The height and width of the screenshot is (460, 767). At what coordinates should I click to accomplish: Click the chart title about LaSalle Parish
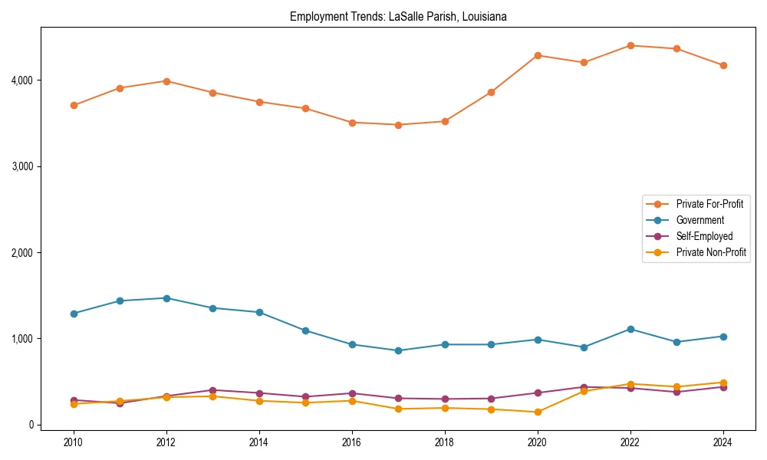(x=398, y=16)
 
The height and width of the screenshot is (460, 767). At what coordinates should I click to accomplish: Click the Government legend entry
(x=700, y=220)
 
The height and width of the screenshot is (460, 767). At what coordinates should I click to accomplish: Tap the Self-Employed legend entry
(x=704, y=236)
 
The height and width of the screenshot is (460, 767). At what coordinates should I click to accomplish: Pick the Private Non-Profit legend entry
(x=711, y=252)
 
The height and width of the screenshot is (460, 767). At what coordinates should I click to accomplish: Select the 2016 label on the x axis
(x=351, y=442)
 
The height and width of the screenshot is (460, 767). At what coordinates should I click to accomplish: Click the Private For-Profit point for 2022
(x=630, y=45)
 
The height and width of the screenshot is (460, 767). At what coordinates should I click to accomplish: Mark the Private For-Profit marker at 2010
(x=74, y=105)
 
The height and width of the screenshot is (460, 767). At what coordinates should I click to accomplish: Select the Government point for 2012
(x=166, y=298)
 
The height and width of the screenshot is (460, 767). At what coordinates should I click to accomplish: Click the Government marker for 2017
(x=398, y=350)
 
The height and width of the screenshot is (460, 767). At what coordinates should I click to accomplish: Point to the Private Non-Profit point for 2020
(x=538, y=412)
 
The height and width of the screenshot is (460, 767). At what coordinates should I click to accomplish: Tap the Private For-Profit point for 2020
(x=538, y=55)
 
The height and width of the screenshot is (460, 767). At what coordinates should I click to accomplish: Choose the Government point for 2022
(x=630, y=329)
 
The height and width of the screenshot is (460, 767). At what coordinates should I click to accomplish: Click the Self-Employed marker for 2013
(x=212, y=390)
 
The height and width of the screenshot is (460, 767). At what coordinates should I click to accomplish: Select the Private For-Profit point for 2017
(x=398, y=125)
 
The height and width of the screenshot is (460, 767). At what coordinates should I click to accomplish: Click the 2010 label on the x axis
(x=74, y=442)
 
